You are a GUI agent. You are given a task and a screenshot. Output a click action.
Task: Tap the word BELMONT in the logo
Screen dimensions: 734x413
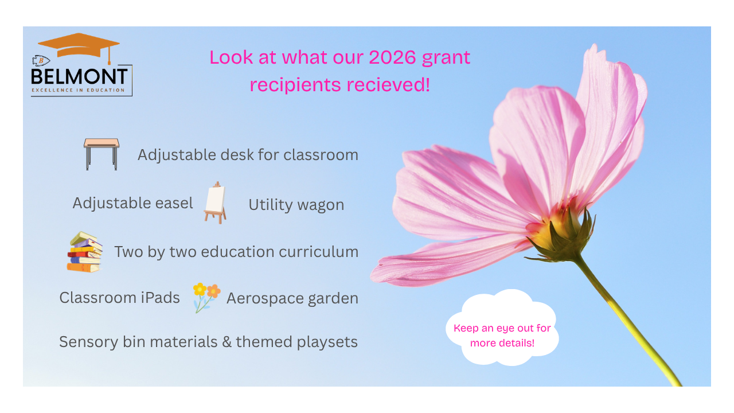[x=79, y=77]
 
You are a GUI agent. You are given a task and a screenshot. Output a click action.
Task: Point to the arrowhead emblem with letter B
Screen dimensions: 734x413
[x=41, y=60]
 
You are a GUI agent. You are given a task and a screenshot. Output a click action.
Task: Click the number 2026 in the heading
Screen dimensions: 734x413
[x=392, y=57]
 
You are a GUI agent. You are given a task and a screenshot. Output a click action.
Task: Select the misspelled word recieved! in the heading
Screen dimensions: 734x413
[x=388, y=84]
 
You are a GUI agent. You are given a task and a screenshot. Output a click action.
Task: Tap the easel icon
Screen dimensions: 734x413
[x=215, y=203]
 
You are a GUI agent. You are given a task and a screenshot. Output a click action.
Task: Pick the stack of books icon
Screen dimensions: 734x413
[x=84, y=252]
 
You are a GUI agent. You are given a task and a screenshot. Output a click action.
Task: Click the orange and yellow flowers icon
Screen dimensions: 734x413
[x=206, y=298]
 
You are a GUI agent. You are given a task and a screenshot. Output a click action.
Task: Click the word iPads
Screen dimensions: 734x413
[x=160, y=298]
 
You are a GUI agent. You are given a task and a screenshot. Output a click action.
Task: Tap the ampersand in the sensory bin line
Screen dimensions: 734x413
[x=227, y=342]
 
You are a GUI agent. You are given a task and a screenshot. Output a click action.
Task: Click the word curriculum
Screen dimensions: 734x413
[x=318, y=252]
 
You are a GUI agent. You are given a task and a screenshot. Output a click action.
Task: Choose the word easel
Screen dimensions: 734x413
[x=174, y=203]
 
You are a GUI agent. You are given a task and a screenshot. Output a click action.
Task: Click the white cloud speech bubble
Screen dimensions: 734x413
[x=502, y=328]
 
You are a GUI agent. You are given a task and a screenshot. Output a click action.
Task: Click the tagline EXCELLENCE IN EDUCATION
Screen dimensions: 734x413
[x=78, y=90]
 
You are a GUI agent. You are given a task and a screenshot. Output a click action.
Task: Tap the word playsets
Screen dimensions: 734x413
[x=327, y=342]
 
